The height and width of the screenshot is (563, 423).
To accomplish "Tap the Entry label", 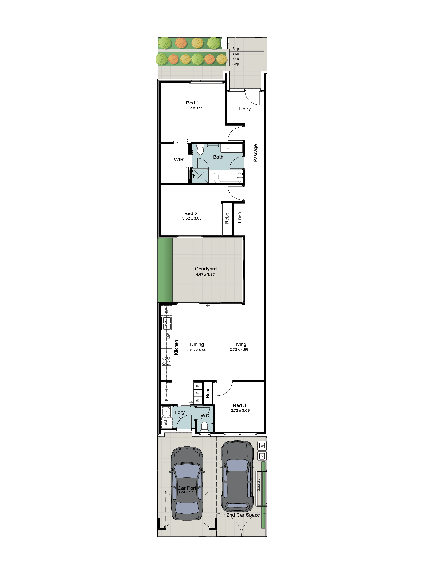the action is [x=245, y=109].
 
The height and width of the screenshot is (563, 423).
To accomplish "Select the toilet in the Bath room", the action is [x=200, y=150].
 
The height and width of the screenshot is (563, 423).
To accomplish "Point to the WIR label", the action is [x=179, y=160].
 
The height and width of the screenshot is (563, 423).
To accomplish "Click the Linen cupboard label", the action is [x=239, y=218].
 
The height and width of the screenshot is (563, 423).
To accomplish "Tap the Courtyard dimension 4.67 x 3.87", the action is [x=205, y=274].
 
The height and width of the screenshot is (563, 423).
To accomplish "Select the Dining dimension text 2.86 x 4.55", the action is [x=197, y=350].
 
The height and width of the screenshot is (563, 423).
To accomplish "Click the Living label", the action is [x=240, y=344].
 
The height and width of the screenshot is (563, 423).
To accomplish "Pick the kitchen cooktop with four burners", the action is [x=167, y=361].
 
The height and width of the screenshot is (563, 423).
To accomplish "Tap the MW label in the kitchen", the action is [x=169, y=336].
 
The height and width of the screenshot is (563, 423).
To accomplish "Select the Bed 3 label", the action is [x=239, y=405].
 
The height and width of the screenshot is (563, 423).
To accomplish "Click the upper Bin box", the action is [x=262, y=445].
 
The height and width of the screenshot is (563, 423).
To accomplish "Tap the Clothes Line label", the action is [x=259, y=485].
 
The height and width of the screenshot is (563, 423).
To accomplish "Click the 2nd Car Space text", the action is [x=243, y=515].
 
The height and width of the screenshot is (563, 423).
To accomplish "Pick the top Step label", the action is [x=235, y=49].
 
